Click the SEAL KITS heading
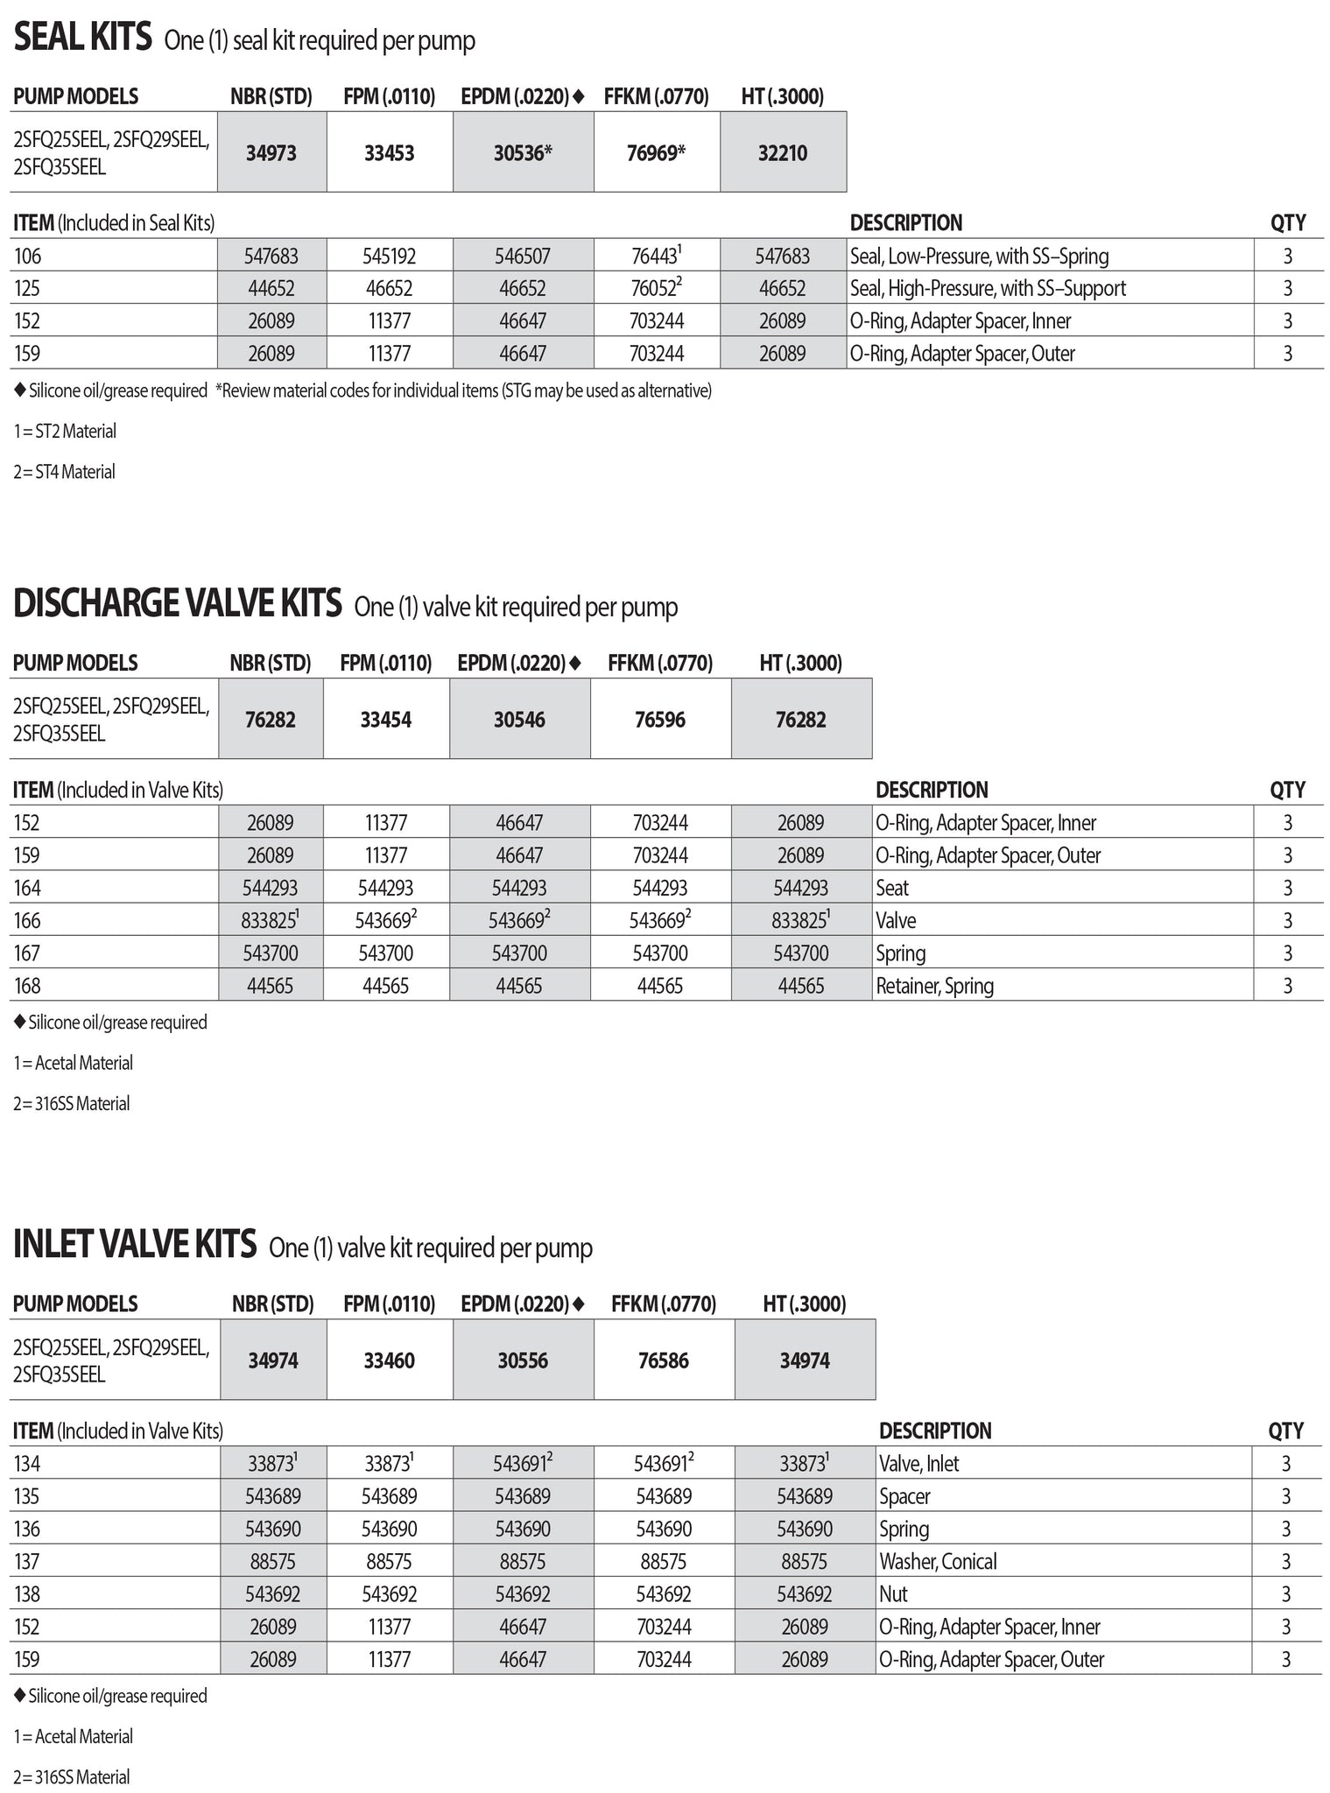click(82, 39)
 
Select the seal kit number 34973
click(271, 153)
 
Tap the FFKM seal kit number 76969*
click(656, 153)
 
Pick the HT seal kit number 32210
click(783, 153)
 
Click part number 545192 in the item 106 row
click(390, 257)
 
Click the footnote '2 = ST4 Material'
click(64, 472)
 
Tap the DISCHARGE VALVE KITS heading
click(177, 604)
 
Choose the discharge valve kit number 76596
click(660, 720)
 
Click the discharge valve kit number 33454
click(386, 720)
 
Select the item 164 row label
click(27, 888)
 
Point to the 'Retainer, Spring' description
click(934, 986)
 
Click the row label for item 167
click(27, 953)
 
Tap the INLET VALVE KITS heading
click(135, 1244)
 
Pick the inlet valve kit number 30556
click(523, 1361)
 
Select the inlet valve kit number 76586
click(664, 1361)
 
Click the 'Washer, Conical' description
click(938, 1561)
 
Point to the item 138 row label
click(27, 1594)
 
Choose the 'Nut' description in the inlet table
click(893, 1594)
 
